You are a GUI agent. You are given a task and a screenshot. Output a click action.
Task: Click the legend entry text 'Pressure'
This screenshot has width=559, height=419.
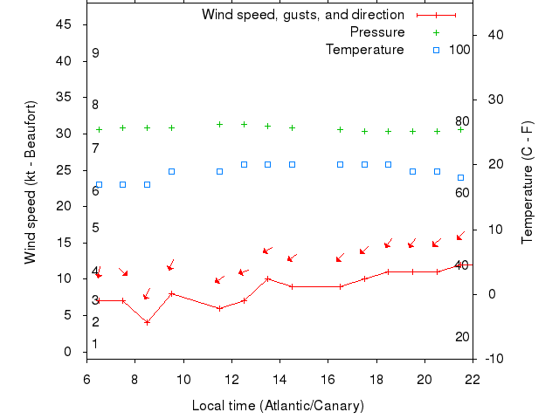pyautogui.click(x=376, y=32)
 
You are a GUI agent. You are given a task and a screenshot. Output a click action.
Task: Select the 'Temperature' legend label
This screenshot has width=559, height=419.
pyautogui.click(x=364, y=49)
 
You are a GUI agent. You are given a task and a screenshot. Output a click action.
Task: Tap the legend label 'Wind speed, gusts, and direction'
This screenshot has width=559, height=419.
pyautogui.click(x=302, y=15)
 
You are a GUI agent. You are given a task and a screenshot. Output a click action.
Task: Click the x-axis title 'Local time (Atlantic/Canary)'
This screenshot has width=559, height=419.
pyautogui.click(x=278, y=406)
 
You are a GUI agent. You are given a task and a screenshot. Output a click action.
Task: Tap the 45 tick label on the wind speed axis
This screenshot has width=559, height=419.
pyautogui.click(x=63, y=24)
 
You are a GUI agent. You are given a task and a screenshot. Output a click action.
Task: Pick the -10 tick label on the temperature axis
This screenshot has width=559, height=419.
pyautogui.click(x=493, y=358)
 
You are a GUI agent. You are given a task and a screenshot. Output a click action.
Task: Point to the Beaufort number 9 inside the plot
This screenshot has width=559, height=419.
pyautogui.click(x=95, y=53)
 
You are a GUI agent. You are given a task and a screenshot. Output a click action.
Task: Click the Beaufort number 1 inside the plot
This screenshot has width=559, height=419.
pyautogui.click(x=95, y=344)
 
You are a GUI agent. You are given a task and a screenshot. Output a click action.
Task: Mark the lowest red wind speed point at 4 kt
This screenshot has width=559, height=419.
pyautogui.click(x=147, y=322)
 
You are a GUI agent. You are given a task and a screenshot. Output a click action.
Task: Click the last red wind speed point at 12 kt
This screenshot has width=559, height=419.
pyautogui.click(x=460, y=264)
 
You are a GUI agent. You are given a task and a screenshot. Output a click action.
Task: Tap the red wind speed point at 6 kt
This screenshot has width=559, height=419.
pyautogui.click(x=219, y=308)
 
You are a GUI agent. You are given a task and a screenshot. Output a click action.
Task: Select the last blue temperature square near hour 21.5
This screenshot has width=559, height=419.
pyautogui.click(x=460, y=177)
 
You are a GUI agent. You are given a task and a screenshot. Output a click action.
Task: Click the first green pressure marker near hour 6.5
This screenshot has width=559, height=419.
pyautogui.click(x=99, y=129)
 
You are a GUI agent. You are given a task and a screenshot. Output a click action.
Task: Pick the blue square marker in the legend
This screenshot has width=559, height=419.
pyautogui.click(x=437, y=50)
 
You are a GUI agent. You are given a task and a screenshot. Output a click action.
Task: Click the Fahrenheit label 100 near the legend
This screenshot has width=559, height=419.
pyautogui.click(x=459, y=49)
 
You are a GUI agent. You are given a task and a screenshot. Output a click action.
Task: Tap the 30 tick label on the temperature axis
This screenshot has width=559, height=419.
pyautogui.click(x=493, y=100)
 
